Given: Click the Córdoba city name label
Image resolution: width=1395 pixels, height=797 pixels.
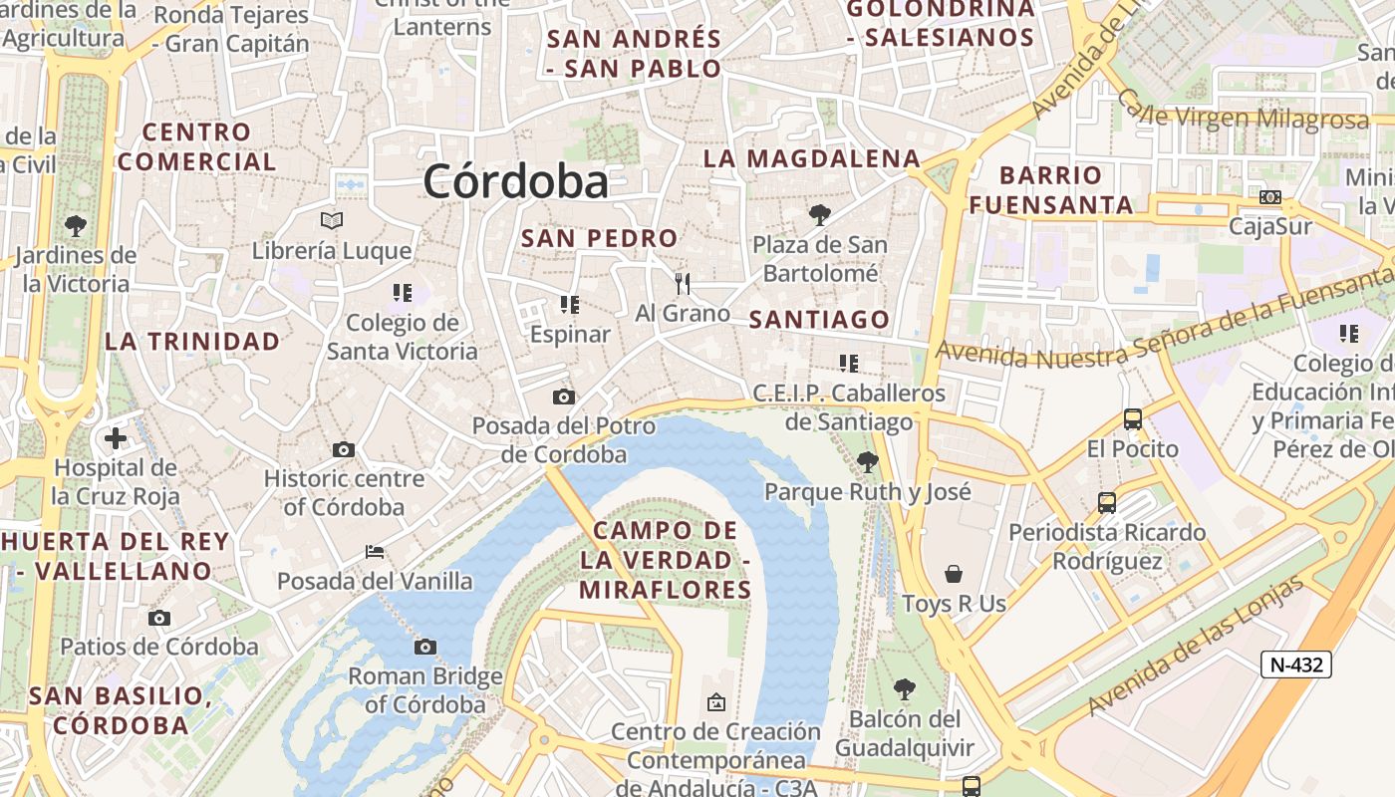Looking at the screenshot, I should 515,181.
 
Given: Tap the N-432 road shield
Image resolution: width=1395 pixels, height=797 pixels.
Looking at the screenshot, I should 1295,664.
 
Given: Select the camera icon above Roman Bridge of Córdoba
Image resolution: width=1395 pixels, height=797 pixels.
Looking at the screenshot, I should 425,648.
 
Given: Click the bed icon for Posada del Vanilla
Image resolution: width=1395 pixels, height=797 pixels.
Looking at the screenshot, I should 375,551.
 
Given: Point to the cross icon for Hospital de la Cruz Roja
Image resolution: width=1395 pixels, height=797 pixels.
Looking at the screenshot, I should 116,437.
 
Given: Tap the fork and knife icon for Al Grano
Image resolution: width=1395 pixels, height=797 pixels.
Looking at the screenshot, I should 683,284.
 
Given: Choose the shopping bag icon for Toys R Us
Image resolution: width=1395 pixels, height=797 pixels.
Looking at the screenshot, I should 954,574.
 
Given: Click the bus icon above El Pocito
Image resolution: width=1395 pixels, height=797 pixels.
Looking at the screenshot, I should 1132,419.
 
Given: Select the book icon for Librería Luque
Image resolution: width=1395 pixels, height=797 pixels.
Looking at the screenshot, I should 332,220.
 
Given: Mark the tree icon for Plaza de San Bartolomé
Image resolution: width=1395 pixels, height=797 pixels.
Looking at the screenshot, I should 819,214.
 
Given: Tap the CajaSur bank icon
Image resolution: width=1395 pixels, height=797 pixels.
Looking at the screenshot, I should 1270,197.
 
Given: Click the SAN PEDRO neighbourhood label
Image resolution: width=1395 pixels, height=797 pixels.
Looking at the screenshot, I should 599,238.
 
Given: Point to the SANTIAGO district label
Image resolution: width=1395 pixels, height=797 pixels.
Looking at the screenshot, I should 819,320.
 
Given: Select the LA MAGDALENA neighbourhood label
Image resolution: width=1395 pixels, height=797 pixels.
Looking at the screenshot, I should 811,158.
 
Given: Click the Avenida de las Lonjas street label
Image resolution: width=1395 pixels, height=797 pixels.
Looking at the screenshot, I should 1196,646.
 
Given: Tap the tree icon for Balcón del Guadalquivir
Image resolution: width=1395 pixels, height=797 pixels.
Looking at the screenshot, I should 904,688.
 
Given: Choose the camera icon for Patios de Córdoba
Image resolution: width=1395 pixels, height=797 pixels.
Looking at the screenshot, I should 159,618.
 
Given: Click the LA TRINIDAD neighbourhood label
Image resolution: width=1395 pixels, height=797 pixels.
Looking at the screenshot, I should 192,342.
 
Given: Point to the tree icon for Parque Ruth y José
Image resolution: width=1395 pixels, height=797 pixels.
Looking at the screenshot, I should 867,461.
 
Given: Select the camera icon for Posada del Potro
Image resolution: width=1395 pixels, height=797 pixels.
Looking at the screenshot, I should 563,398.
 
